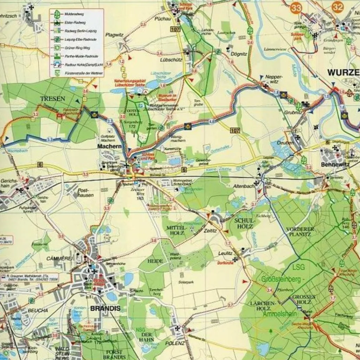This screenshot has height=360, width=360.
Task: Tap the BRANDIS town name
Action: [105, 309]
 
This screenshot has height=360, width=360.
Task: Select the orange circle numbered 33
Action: [296, 7]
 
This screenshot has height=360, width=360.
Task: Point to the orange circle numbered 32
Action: [337, 6]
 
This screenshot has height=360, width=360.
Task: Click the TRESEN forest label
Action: [53, 99]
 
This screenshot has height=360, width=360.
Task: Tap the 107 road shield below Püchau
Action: [175, 29]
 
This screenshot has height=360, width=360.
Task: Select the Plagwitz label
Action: [114, 34]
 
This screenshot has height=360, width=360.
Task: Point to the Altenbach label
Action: [243, 186]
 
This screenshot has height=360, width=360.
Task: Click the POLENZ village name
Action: [175, 343]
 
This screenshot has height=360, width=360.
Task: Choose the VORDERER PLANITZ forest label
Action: [300, 232]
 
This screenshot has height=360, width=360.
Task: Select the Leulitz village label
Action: [225, 253]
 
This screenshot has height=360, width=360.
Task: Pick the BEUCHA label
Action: [38, 310]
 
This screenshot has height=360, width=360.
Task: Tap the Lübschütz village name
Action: [172, 60]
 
